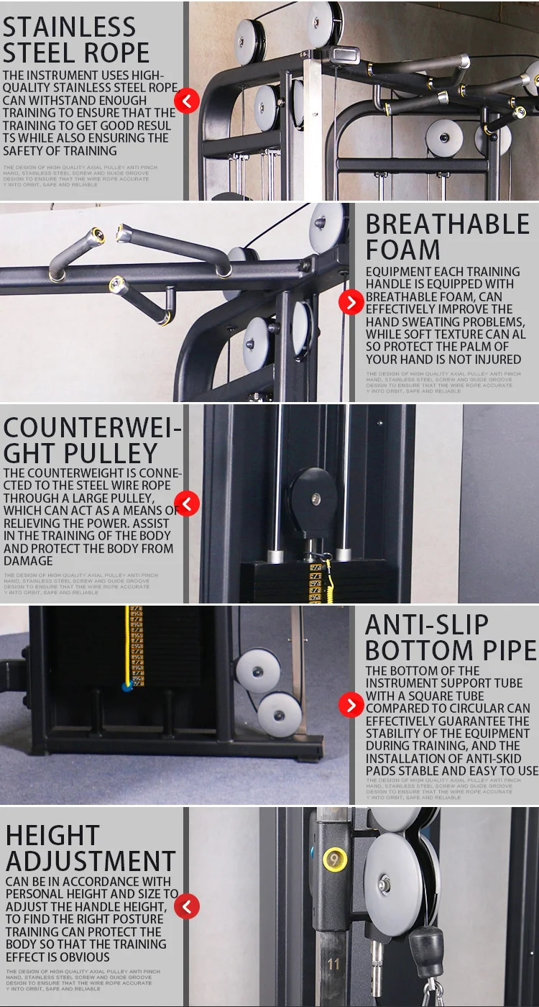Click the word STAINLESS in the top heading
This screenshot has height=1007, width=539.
point(70,27)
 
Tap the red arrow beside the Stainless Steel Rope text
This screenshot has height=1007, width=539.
point(187,101)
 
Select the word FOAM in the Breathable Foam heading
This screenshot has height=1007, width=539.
point(403,250)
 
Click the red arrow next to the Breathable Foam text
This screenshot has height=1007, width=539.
point(351,303)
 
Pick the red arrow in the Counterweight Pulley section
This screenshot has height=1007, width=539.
point(187,503)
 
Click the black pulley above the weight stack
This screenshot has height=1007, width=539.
point(313,494)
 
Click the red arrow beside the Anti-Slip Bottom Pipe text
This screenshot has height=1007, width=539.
point(351,705)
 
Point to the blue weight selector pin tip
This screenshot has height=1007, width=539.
point(127,687)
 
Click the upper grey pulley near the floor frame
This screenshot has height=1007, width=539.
point(258,670)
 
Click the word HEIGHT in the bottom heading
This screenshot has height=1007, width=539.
point(52,836)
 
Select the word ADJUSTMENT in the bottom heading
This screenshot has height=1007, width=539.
point(91,861)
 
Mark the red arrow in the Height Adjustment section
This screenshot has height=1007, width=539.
point(187,906)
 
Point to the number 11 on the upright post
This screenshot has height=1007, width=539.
point(333,964)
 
